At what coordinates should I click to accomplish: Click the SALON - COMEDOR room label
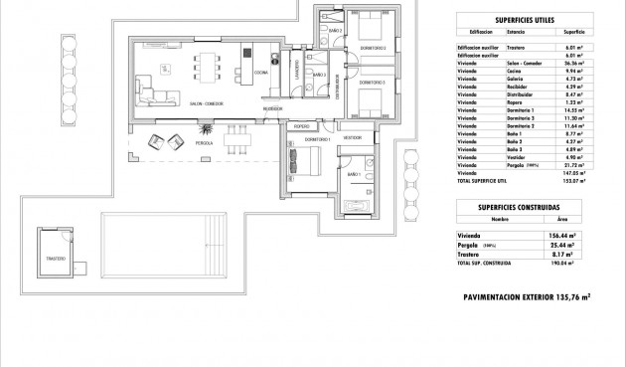206,102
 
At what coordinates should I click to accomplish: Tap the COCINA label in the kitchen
261,73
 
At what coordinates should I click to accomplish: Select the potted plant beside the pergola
206,130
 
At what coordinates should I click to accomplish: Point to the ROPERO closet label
302,126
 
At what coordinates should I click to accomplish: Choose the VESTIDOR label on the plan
353,137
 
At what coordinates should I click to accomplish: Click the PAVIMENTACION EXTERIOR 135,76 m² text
527,296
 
